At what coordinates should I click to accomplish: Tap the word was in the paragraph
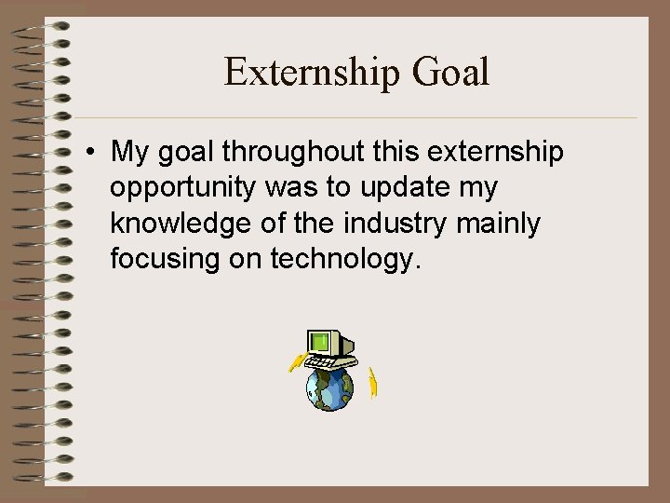(292, 188)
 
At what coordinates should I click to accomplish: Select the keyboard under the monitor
(335, 363)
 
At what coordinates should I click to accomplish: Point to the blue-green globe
(330, 388)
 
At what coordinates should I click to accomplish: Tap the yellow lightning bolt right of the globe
(372, 383)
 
